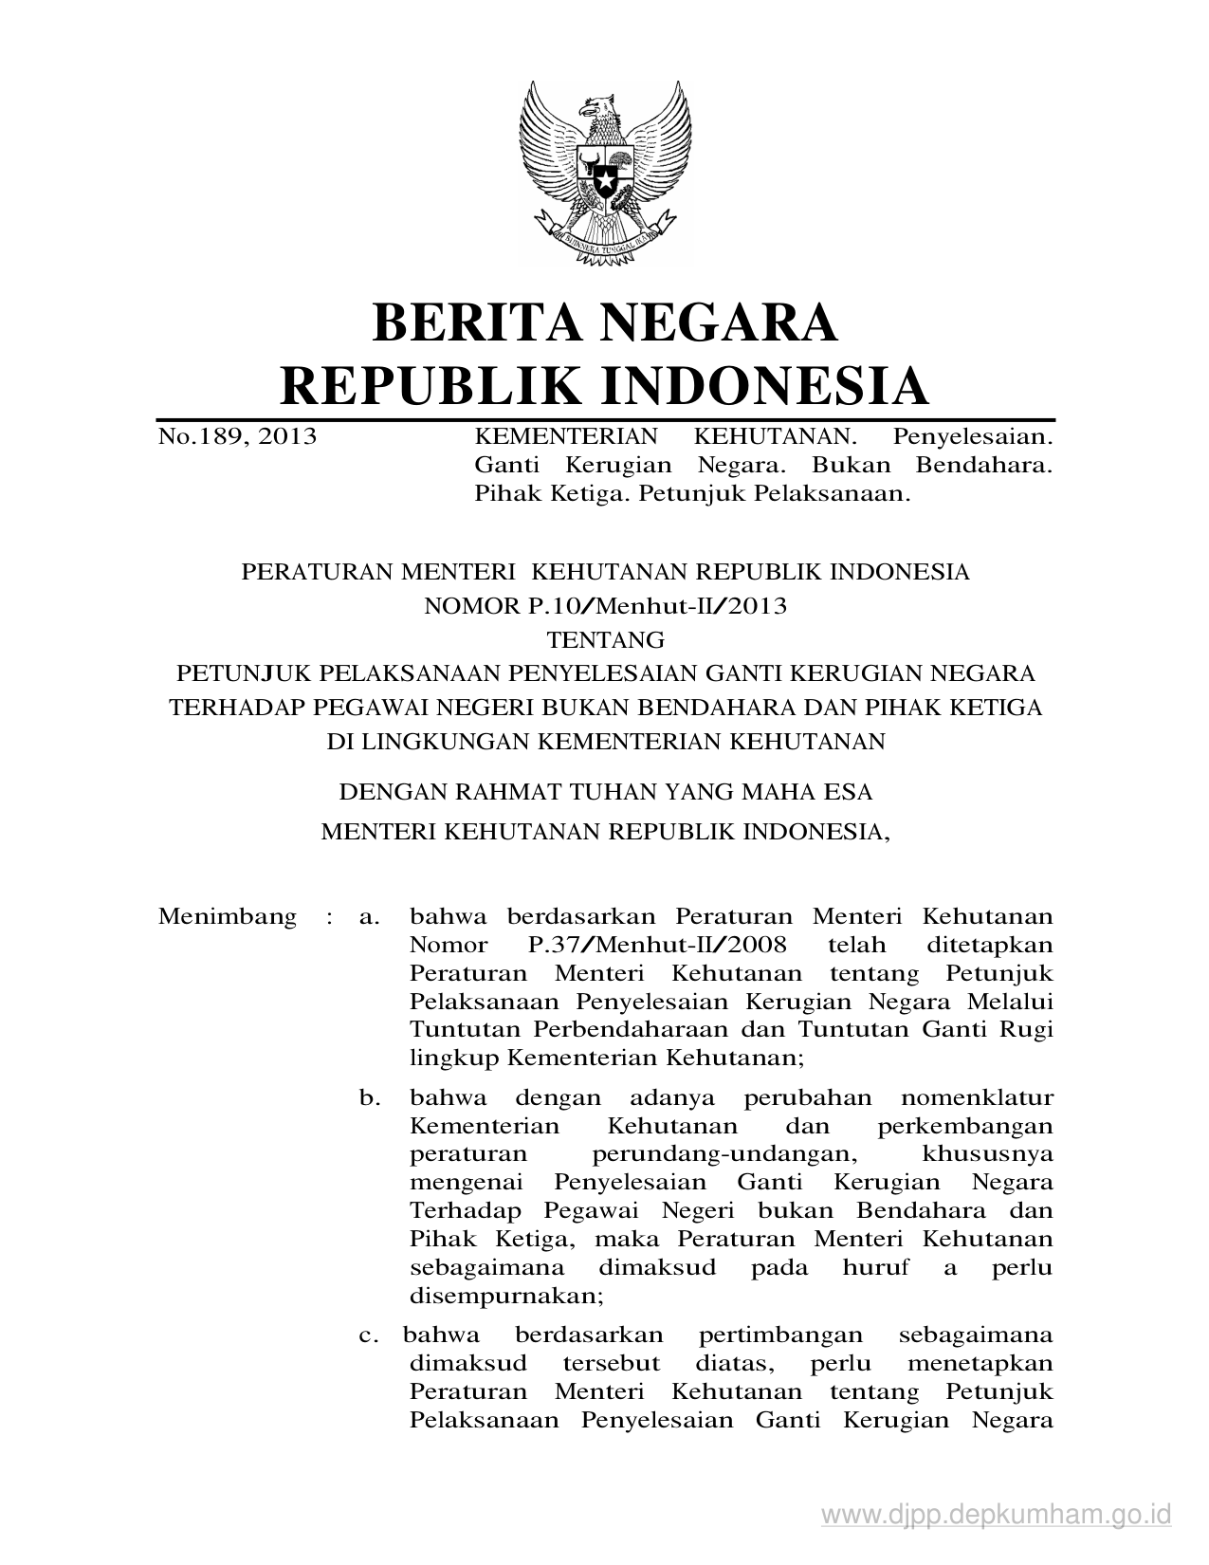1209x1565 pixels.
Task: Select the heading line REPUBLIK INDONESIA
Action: click(605, 385)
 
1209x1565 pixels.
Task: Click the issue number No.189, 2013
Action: click(237, 437)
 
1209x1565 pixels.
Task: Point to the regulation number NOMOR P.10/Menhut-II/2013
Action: click(605, 605)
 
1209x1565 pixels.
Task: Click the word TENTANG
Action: click(605, 638)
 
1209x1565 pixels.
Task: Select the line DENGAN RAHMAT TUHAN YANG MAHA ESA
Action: click(605, 790)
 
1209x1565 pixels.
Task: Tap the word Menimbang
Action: click(228, 916)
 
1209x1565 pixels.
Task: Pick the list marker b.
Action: click(370, 1098)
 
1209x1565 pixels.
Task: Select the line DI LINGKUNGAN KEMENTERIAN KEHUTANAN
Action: click(605, 741)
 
